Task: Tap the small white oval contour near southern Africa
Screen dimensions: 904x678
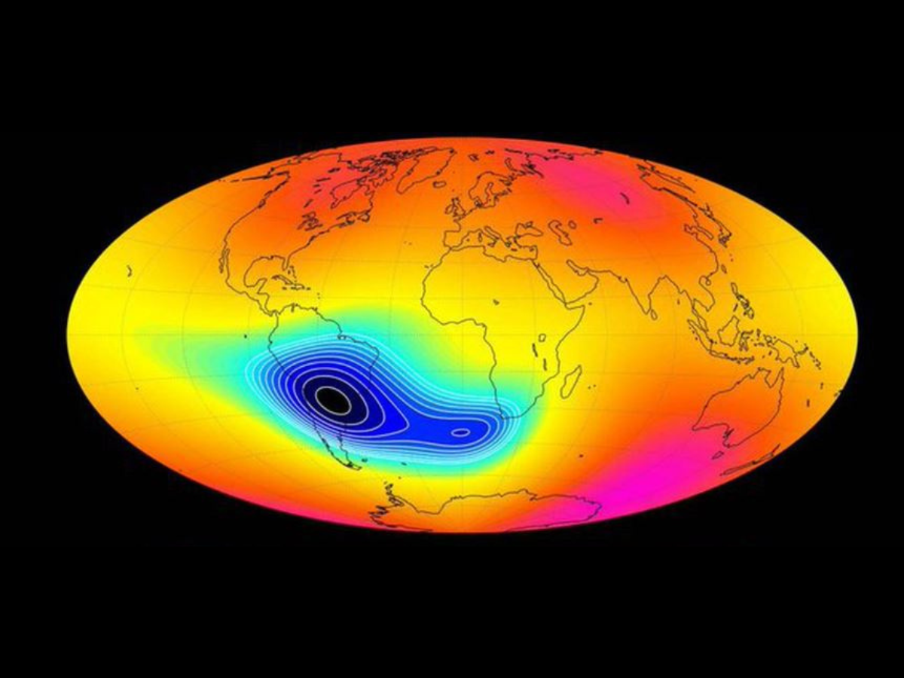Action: pyautogui.click(x=460, y=432)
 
